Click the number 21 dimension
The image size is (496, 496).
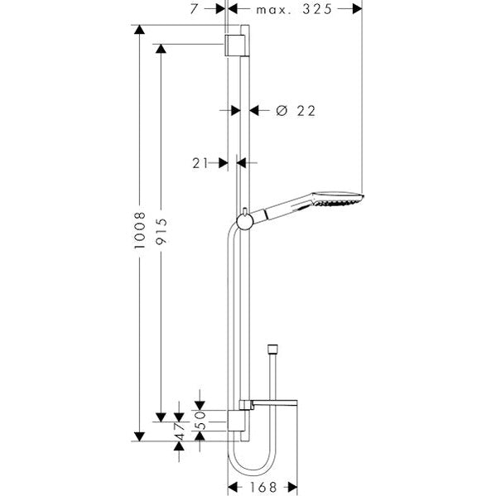(200, 163)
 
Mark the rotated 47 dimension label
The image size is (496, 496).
(180, 431)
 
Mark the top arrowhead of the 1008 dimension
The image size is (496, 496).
(140, 31)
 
